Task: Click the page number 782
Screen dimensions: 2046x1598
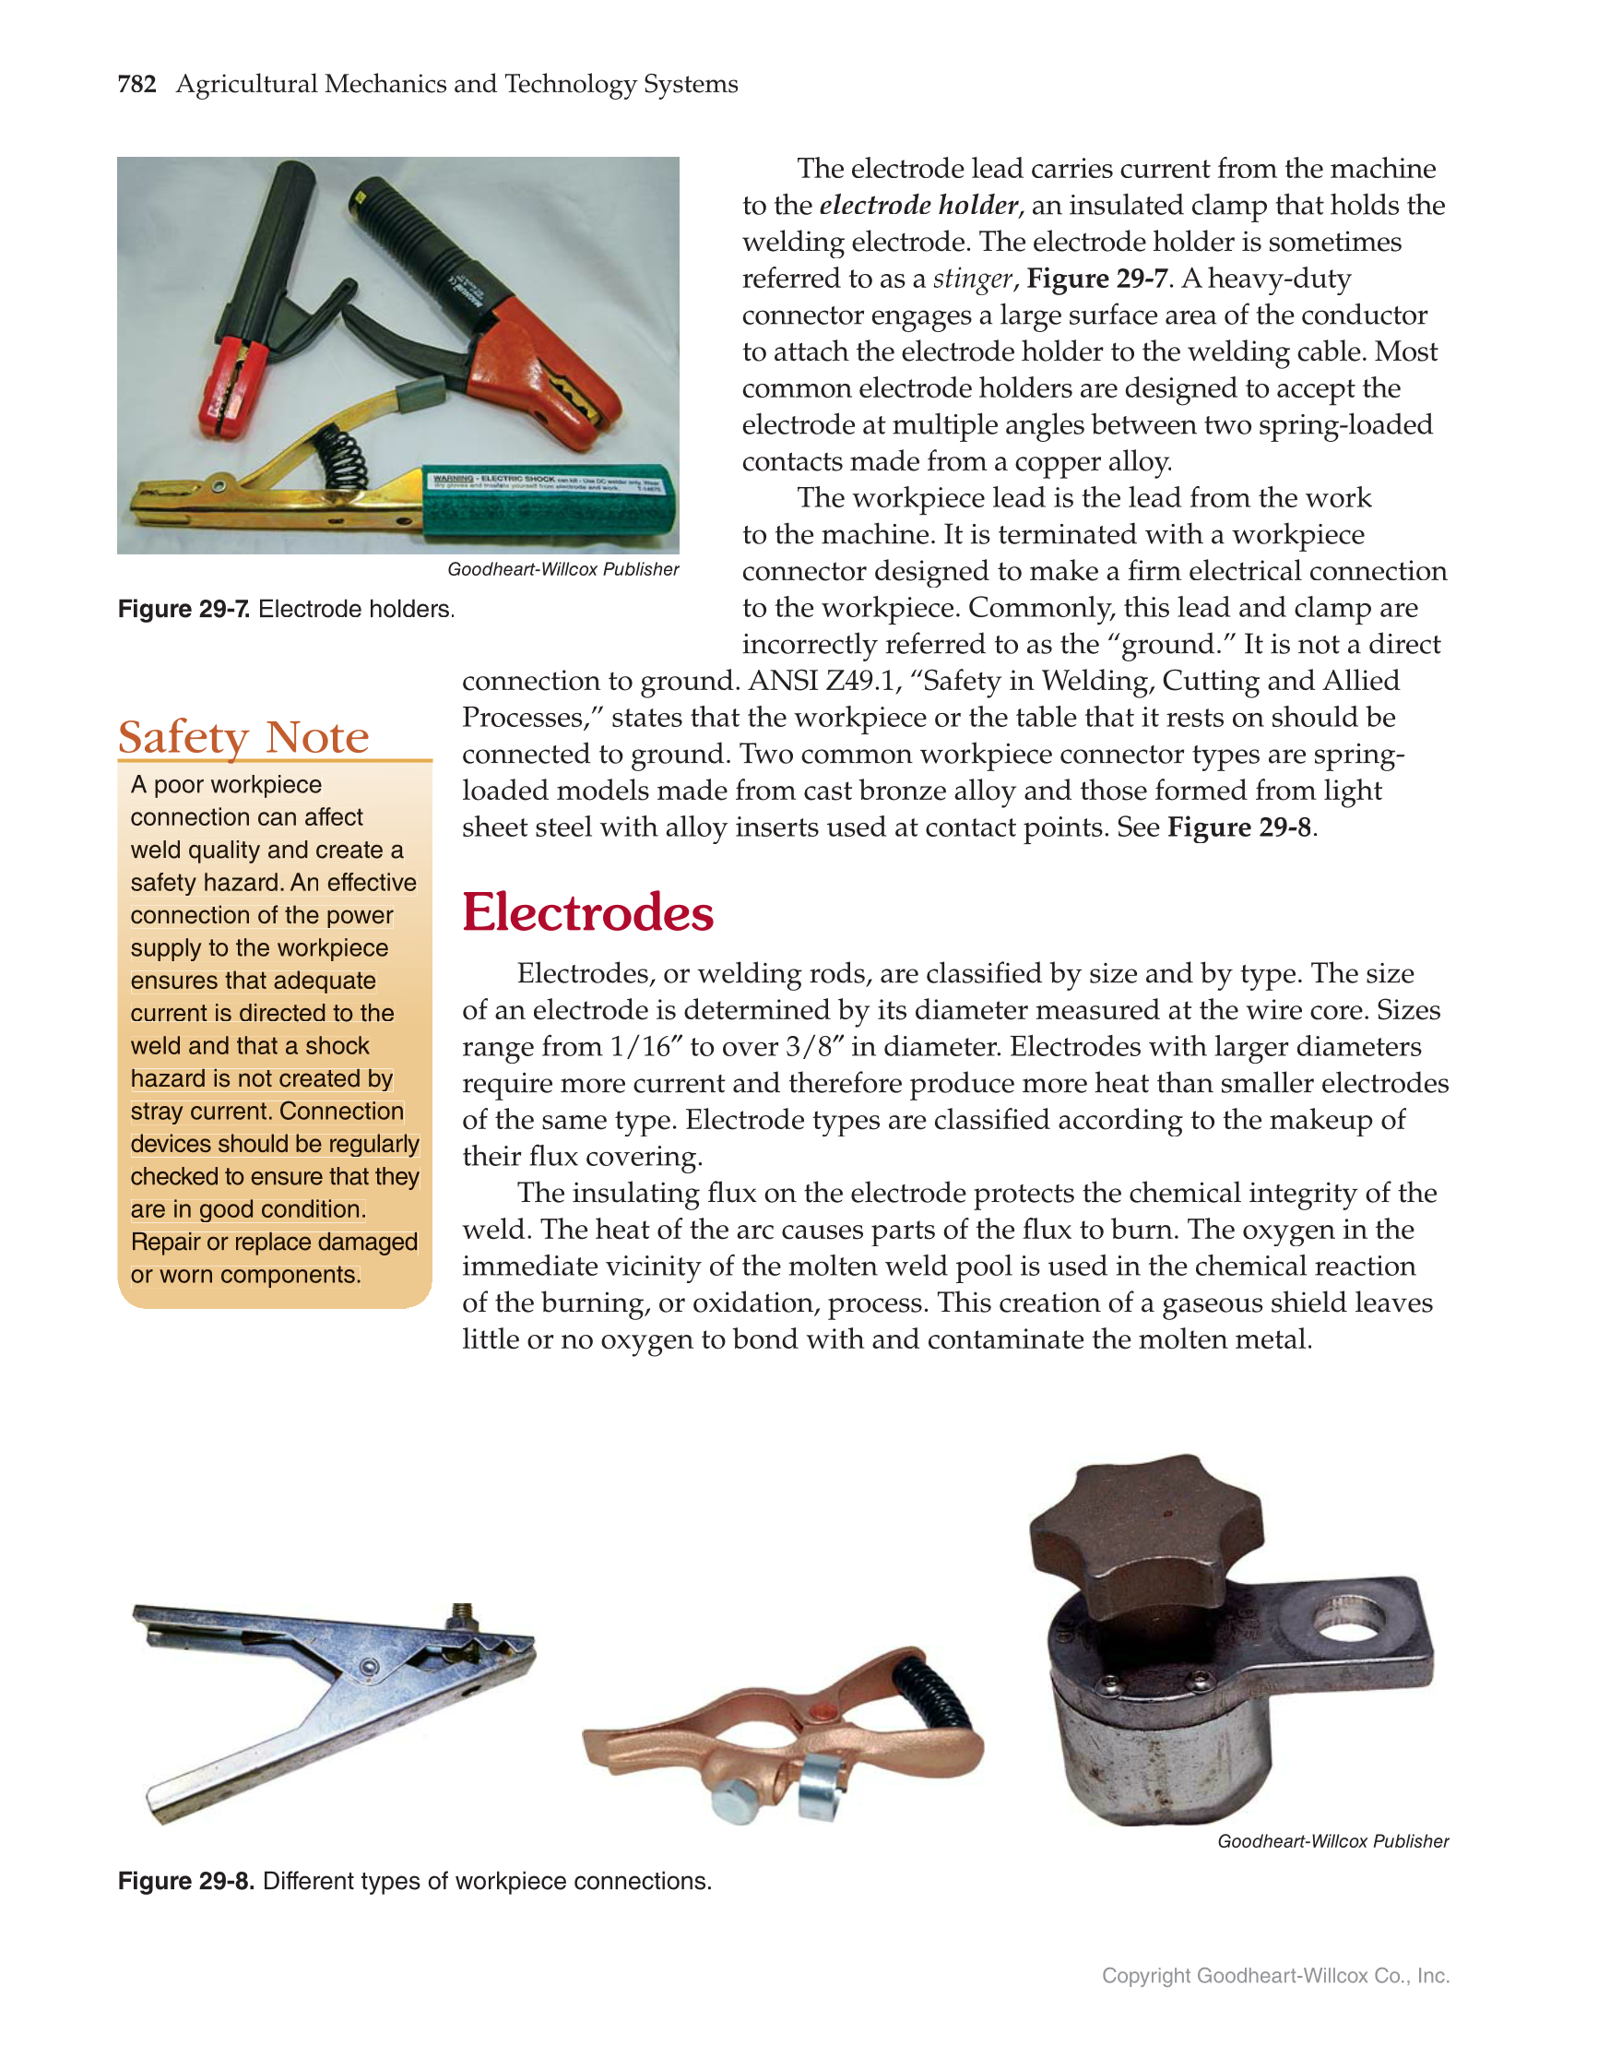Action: point(136,84)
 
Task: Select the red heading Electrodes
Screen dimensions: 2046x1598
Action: point(587,912)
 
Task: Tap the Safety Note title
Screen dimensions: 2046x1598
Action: point(243,737)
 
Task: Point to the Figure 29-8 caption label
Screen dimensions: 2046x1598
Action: point(185,1881)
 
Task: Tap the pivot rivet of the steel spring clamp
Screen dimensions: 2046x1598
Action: point(369,1667)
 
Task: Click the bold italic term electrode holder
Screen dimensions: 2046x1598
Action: point(918,205)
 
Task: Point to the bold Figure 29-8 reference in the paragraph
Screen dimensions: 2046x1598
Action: point(1238,827)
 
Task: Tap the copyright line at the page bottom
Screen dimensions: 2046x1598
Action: point(1275,1976)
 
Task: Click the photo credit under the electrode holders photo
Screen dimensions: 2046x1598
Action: point(563,569)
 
